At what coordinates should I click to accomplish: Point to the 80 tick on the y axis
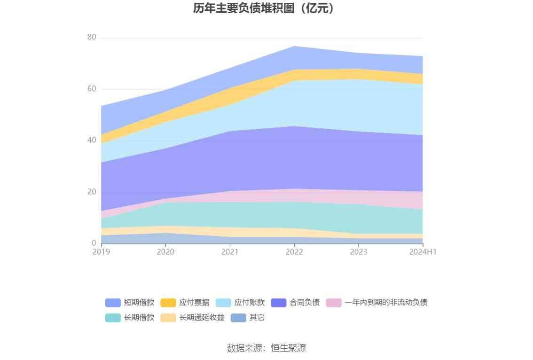click(x=92, y=38)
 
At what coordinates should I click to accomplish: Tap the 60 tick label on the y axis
click(x=92, y=89)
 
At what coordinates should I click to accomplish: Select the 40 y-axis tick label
click(x=92, y=140)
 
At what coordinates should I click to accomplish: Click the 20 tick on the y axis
click(x=92, y=192)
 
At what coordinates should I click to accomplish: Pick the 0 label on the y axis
click(x=94, y=243)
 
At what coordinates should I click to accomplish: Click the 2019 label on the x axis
click(x=101, y=252)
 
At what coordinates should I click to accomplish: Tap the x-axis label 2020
click(x=165, y=252)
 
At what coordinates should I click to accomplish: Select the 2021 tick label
click(x=230, y=252)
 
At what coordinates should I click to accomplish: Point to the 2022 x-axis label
click(x=294, y=252)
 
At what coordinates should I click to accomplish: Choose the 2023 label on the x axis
click(x=359, y=252)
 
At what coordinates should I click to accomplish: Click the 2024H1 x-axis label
click(x=423, y=252)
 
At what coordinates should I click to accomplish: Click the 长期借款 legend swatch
click(x=113, y=318)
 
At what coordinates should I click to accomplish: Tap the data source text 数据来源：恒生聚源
click(x=266, y=348)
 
